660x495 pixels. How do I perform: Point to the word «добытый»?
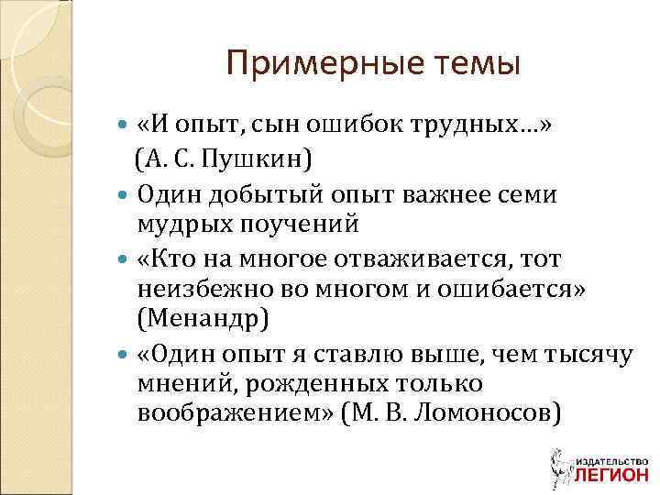tap(261, 195)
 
